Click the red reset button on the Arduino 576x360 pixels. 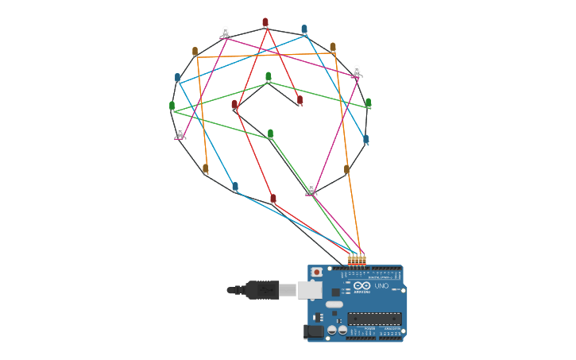coord(317,272)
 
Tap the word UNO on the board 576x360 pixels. coord(381,286)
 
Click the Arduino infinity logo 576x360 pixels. coord(361,285)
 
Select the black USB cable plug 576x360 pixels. coord(261,290)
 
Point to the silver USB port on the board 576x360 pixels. coord(310,289)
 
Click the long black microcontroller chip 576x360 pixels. coord(374,318)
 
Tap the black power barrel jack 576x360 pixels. coord(314,331)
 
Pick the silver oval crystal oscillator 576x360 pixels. coord(334,304)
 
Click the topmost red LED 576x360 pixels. coord(265,22)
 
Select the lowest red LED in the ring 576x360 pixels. coord(273,199)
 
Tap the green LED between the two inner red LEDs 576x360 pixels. coord(269,77)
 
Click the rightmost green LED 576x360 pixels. coord(368,103)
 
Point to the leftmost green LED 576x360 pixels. coord(172,105)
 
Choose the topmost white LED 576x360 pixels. coord(226,32)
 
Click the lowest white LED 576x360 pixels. coord(311,188)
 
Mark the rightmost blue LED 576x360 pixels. coord(365,139)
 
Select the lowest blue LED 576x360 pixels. coord(234,186)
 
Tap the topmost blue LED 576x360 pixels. coord(304,29)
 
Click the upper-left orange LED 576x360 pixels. coord(195,52)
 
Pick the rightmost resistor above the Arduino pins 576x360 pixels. coord(363,259)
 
